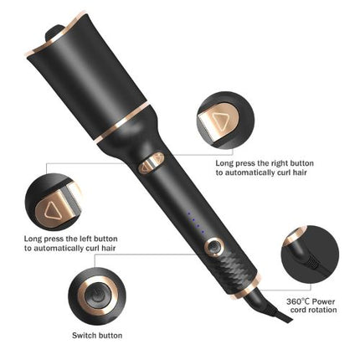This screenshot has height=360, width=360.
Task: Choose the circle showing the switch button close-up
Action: (95, 295)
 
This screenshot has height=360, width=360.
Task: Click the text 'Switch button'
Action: (96, 335)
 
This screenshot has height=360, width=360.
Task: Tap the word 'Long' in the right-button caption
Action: (224, 163)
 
